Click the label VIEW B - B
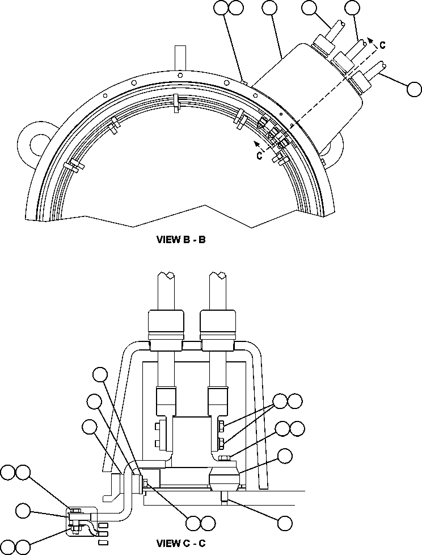(x=180, y=239)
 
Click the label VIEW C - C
(x=180, y=544)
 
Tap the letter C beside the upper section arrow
(x=384, y=44)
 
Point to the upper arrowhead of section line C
(x=371, y=39)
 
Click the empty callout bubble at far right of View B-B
(x=414, y=89)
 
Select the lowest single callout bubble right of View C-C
(x=285, y=522)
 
